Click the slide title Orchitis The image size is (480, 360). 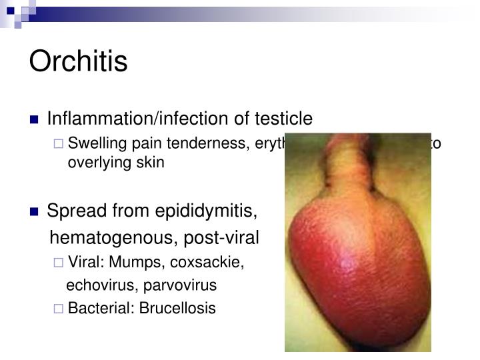pos(78,61)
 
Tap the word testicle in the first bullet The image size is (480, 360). pos(284,119)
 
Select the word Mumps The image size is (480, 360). pos(130,263)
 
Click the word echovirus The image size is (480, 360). pos(96,285)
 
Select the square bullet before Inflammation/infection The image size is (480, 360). pos(35,120)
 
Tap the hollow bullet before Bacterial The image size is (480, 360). pos(58,309)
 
